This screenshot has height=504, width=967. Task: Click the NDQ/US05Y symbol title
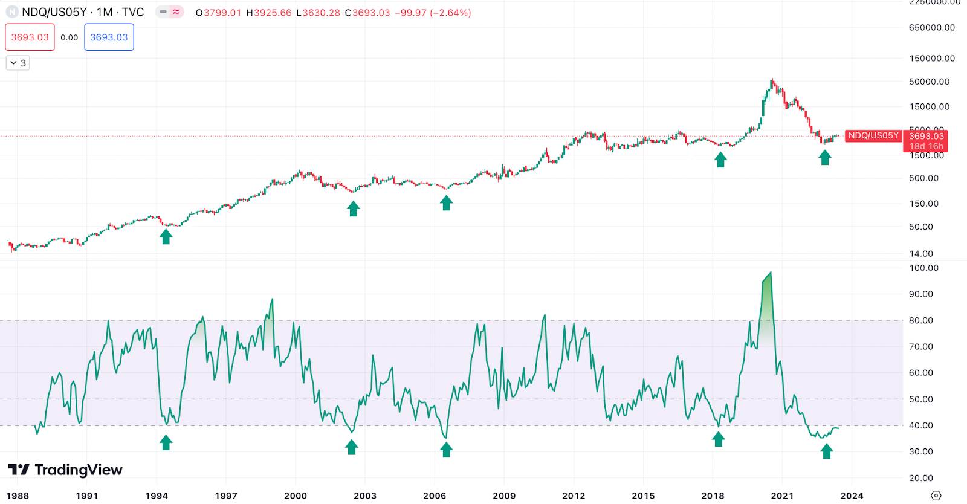(82, 12)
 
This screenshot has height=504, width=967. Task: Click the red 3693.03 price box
(30, 37)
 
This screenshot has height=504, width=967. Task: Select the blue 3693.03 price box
(109, 37)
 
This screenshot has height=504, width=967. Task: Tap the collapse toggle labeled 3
(18, 63)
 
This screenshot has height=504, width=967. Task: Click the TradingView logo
(65, 470)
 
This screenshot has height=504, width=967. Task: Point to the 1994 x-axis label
(157, 496)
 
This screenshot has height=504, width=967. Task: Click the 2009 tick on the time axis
(504, 496)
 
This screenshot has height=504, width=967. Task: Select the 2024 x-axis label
(852, 496)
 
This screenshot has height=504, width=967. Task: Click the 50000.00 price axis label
(929, 82)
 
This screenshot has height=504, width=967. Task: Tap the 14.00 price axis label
(921, 254)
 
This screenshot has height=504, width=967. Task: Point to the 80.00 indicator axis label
(921, 320)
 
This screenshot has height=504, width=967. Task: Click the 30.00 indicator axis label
(921, 451)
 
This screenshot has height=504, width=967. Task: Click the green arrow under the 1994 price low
(166, 236)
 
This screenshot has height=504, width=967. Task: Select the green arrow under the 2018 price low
(720, 160)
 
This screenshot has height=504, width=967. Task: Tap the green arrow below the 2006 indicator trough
(446, 450)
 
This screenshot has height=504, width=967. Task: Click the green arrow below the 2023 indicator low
(826, 451)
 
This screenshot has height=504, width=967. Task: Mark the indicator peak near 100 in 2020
(770, 273)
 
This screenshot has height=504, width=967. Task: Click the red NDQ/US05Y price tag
(873, 135)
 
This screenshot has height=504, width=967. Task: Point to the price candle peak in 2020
(772, 80)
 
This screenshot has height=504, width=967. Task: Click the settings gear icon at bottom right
(936, 496)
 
